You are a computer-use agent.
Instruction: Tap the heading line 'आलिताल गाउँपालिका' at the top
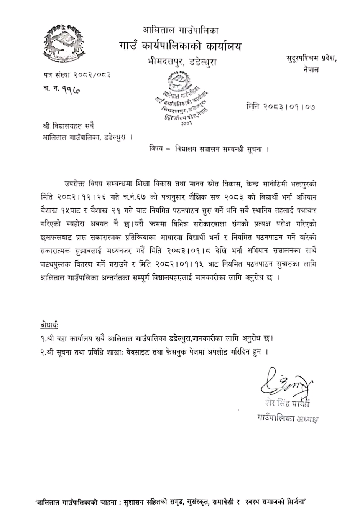(180, 30)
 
